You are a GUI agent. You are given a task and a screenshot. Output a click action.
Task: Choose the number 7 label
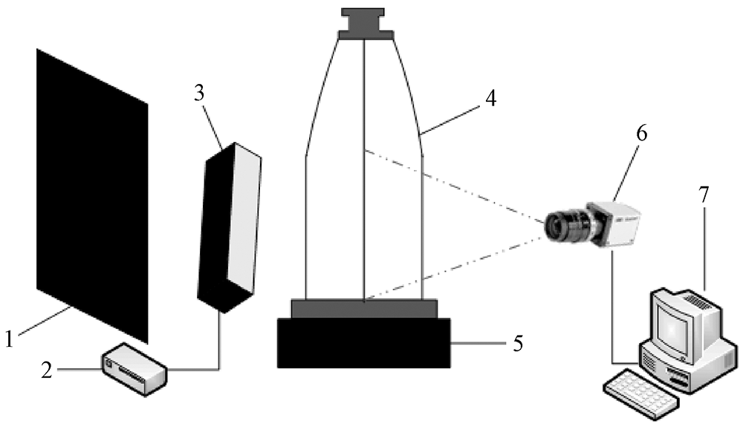tap(704, 195)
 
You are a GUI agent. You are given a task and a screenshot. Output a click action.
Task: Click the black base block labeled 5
tap(363, 342)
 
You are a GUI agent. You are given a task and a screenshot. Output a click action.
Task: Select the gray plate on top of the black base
tap(363, 308)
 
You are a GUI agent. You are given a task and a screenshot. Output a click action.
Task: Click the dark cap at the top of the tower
tap(363, 23)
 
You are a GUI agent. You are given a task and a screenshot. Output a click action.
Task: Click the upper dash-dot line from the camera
tap(453, 188)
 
